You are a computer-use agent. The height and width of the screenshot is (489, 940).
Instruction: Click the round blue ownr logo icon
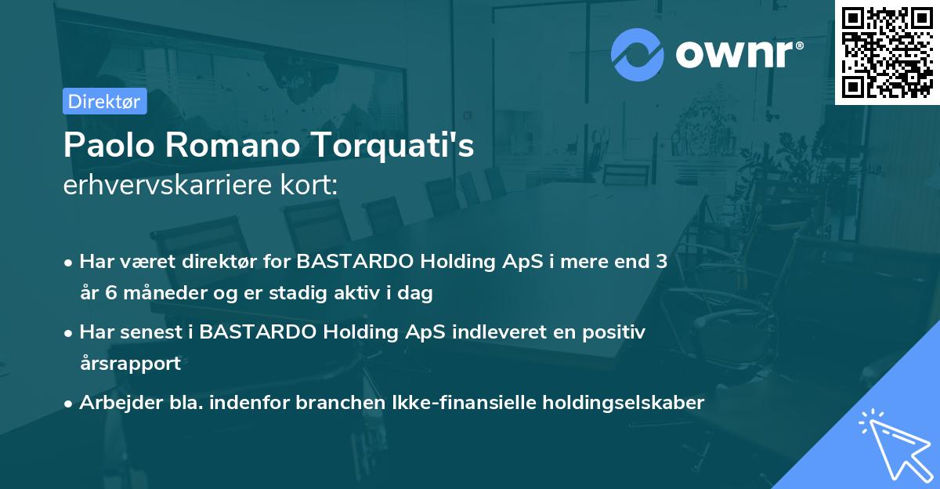[x=638, y=54]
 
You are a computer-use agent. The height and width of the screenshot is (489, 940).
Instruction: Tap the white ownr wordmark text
[x=736, y=54]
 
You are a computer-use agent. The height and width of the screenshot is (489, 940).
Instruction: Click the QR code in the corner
[x=887, y=52]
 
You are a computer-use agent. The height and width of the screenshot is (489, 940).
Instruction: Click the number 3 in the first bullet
[x=662, y=262]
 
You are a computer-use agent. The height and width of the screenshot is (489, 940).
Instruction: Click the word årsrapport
[x=130, y=364]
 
